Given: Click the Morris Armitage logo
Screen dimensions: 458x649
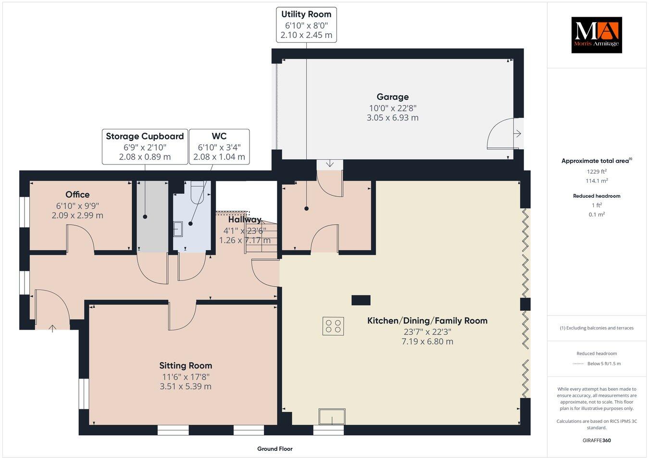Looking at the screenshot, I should click(596, 35).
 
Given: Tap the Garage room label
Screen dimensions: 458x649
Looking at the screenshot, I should click(392, 97).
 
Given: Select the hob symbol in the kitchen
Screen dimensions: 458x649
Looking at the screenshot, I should click(333, 326).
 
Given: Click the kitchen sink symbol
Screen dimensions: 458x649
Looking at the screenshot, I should click(333, 417).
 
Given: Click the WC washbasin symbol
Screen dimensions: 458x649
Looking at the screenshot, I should click(178, 229).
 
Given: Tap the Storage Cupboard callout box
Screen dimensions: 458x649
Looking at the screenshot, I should click(145, 146).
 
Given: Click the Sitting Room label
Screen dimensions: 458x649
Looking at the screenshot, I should click(186, 366).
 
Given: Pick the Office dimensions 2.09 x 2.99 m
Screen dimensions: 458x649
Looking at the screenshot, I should click(77, 215).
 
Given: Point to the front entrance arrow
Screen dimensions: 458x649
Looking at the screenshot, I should click(52, 328).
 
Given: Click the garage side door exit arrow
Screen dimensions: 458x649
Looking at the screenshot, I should click(517, 134).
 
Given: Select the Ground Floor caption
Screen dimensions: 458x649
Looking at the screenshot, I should click(275, 449).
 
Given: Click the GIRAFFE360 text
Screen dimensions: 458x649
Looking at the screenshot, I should click(596, 440).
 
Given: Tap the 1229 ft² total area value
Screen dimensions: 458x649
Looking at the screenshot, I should click(597, 171).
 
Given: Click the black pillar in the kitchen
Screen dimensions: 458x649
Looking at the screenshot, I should click(361, 300).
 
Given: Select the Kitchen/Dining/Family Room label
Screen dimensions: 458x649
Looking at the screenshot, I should click(427, 320).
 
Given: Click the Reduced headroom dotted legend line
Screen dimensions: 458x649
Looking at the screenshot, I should click(578, 364).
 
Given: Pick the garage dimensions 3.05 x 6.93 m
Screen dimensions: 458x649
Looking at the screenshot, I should click(392, 117).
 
